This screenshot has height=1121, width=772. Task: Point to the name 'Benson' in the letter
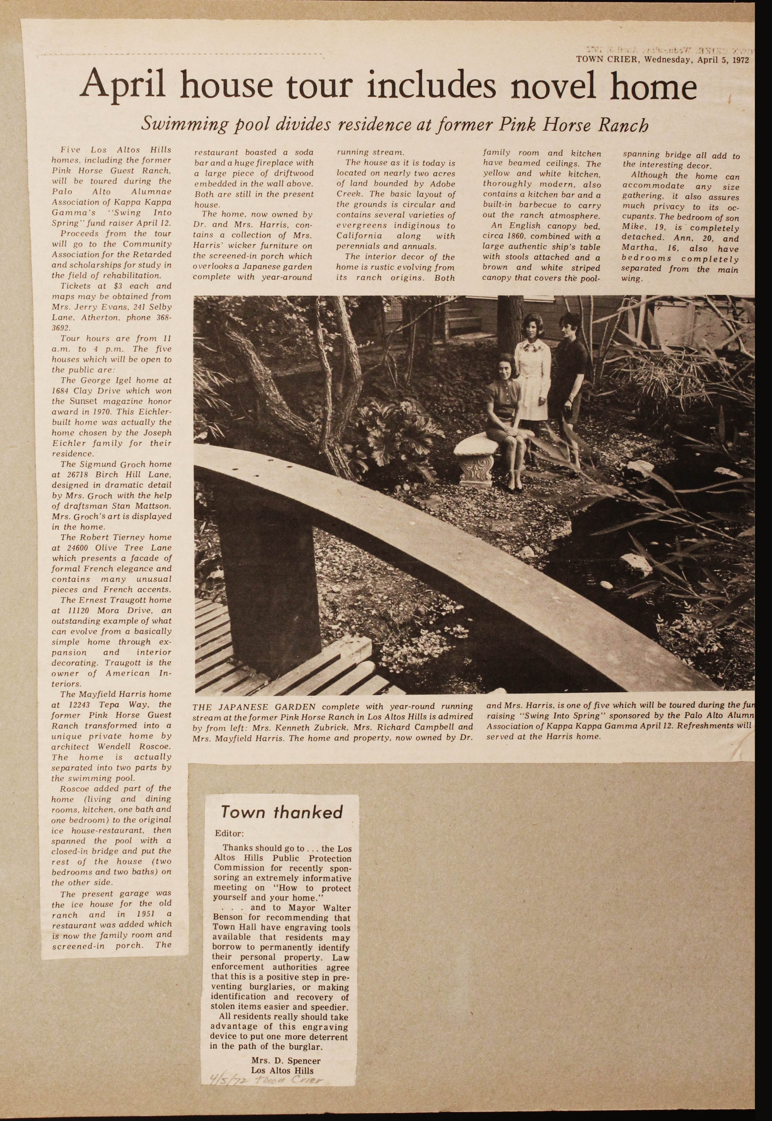click(230, 918)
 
